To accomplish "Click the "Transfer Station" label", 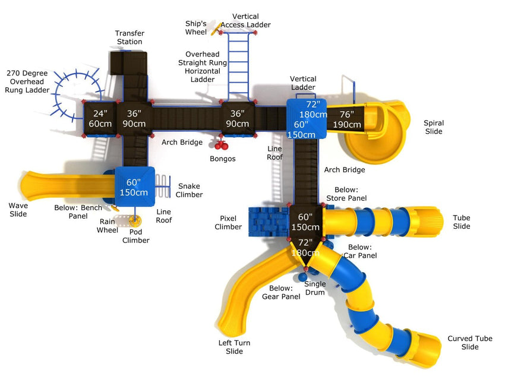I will pos(130,37).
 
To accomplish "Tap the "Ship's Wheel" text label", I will pos(195,27).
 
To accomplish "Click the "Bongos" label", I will pos(223,159).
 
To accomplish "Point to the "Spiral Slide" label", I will pos(433,127).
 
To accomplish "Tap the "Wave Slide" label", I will pos(18,210).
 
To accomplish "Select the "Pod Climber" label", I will pos(135,236).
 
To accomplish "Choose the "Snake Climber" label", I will pos(189,190).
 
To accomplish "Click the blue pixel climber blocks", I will pos(267,221).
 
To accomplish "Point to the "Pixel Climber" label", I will pos(228,223).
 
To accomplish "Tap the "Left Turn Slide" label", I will pos(235,347).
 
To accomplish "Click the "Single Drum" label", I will pos(315,288).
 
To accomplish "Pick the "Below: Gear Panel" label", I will pos(282,292).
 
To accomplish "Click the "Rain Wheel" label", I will pos(108,226).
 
